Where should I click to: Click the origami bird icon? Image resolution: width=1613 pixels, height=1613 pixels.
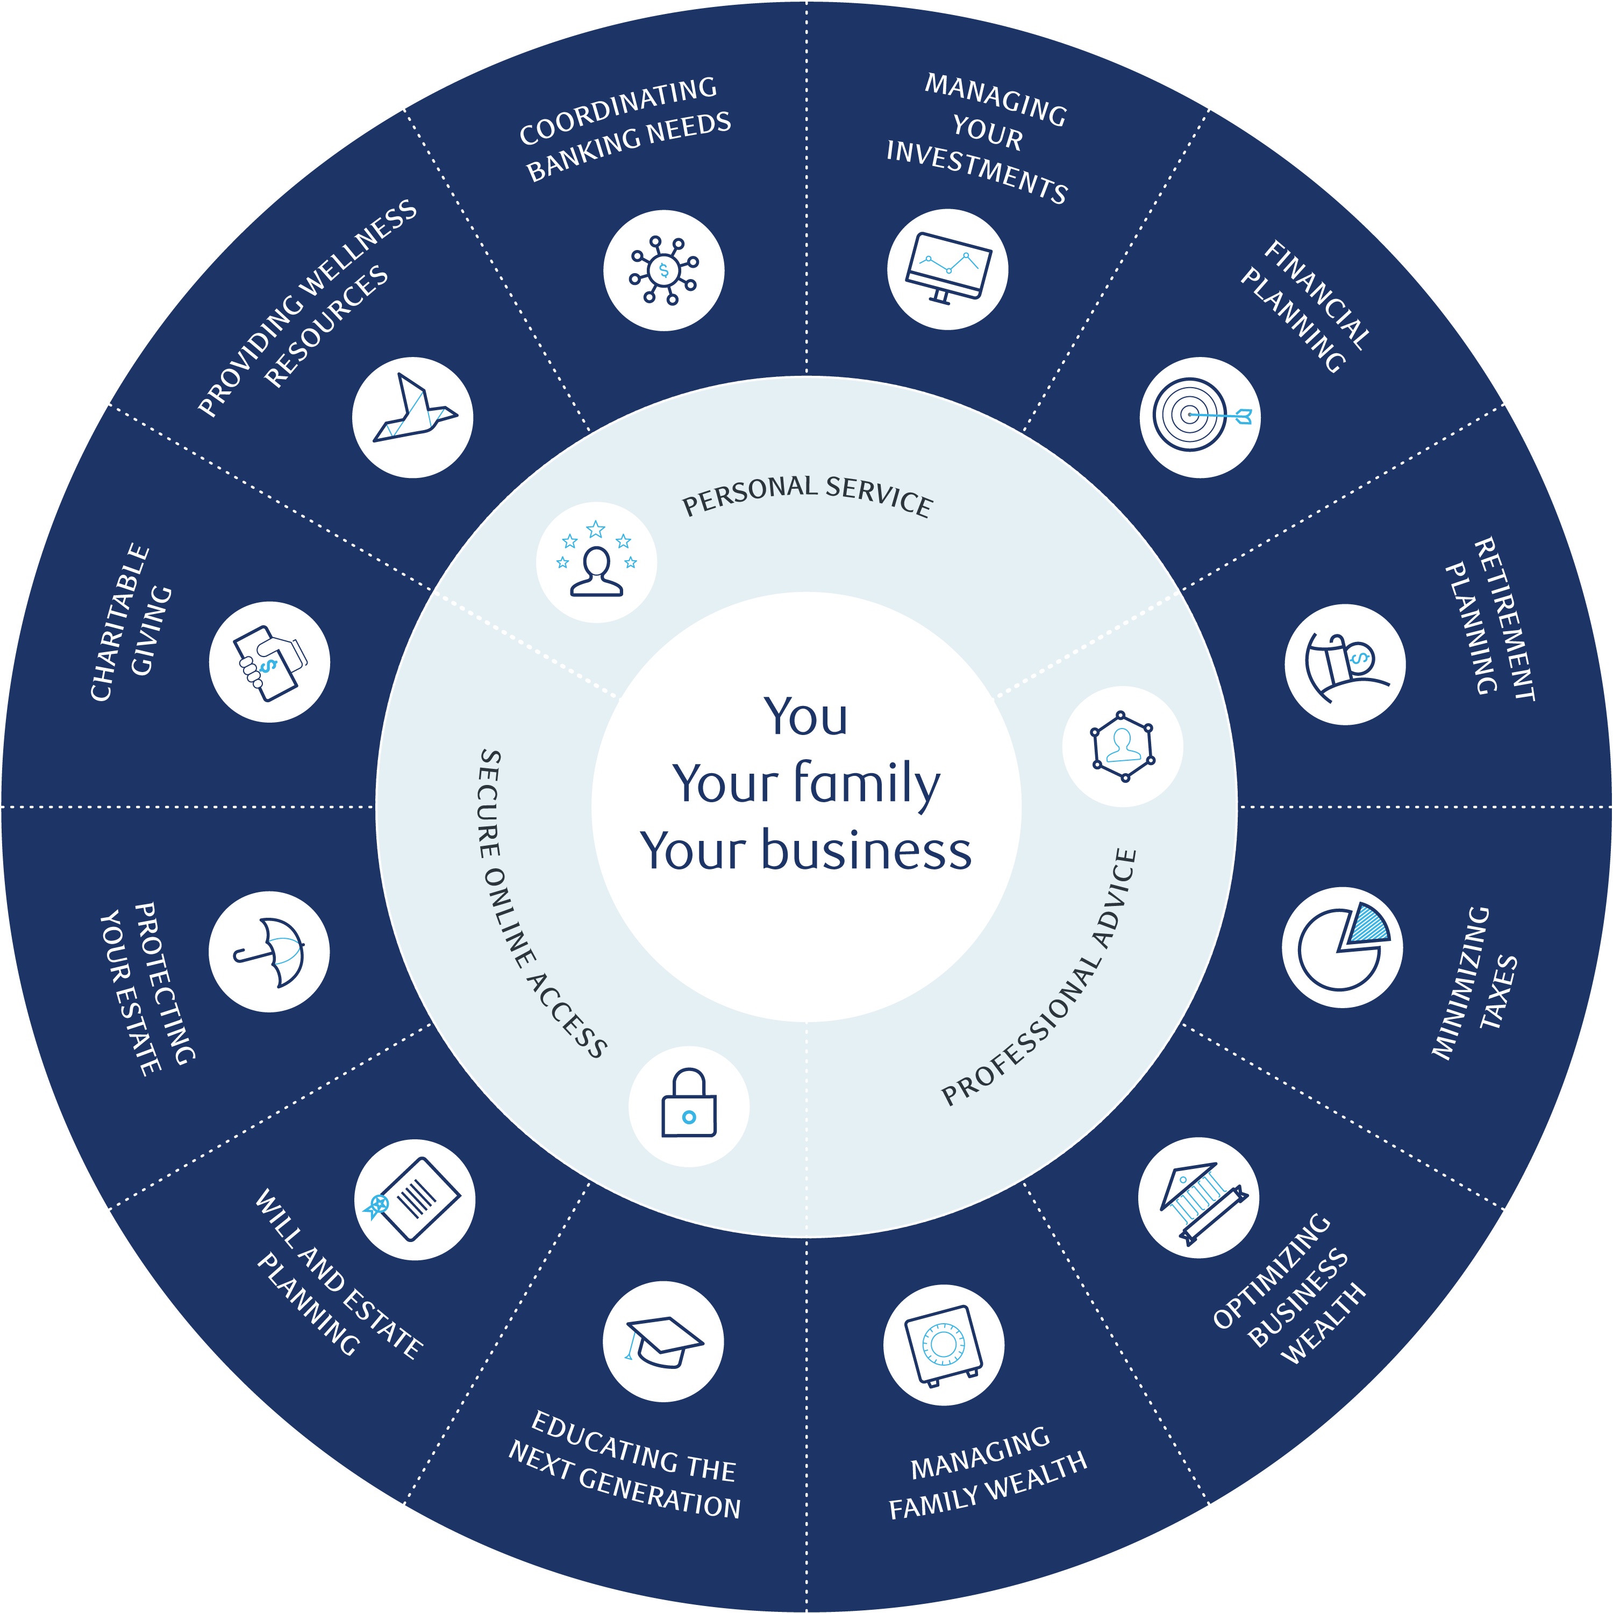coord(412,417)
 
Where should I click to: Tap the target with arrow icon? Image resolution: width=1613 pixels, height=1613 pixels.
coord(1200,417)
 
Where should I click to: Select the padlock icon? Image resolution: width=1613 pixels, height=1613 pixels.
coord(689,1105)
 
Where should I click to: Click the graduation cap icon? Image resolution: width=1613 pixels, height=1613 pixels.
coord(663,1341)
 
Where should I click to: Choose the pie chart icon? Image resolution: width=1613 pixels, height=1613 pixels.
coord(1343,947)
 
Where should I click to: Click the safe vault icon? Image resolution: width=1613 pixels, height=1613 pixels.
coord(944,1345)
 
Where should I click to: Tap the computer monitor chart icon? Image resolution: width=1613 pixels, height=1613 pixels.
coord(947,269)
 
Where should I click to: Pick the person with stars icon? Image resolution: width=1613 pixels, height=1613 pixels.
coord(596,562)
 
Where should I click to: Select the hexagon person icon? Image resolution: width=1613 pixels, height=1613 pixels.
coord(1123,746)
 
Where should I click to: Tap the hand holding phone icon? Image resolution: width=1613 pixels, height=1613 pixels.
coord(269,662)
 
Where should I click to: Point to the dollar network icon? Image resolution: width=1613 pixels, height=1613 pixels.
coord(663,270)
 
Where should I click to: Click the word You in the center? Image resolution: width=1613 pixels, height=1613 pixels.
coord(805,716)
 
